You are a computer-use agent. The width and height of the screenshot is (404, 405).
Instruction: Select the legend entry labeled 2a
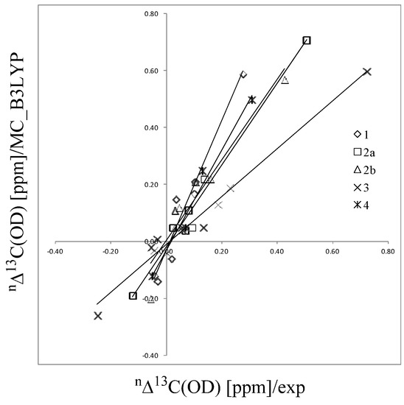pyautogui.click(x=366, y=152)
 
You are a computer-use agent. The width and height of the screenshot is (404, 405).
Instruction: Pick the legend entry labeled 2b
pyautogui.click(x=366, y=169)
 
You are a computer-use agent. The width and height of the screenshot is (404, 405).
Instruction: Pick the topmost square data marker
pyautogui.click(x=307, y=40)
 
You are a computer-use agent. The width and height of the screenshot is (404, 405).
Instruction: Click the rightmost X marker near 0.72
pyautogui.click(x=367, y=71)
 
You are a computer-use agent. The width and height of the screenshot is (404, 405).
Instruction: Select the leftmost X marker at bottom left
pyautogui.click(x=97, y=316)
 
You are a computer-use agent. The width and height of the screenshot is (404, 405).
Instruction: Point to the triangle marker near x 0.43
pyautogui.click(x=285, y=80)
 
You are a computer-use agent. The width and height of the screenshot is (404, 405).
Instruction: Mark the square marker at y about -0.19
pyautogui.click(x=133, y=296)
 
